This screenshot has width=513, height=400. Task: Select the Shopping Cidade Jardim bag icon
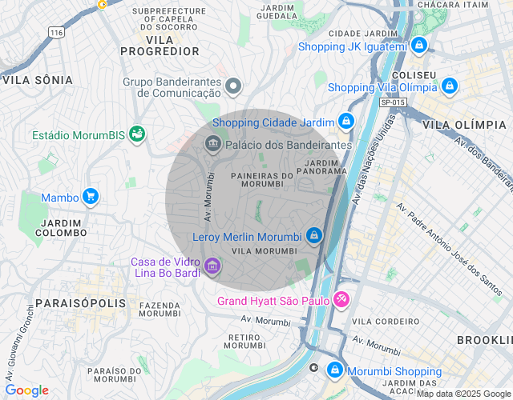point(345,122)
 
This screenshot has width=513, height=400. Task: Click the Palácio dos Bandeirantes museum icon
point(212,145)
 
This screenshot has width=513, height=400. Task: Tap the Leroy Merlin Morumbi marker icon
point(313,236)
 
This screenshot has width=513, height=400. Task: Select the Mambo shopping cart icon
point(91,197)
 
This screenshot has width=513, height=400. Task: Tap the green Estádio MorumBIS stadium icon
point(137,134)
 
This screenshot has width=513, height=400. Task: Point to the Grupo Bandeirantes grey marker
point(233,86)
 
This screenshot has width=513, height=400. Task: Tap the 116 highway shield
point(55,32)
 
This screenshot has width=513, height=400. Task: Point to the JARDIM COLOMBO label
point(61,227)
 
